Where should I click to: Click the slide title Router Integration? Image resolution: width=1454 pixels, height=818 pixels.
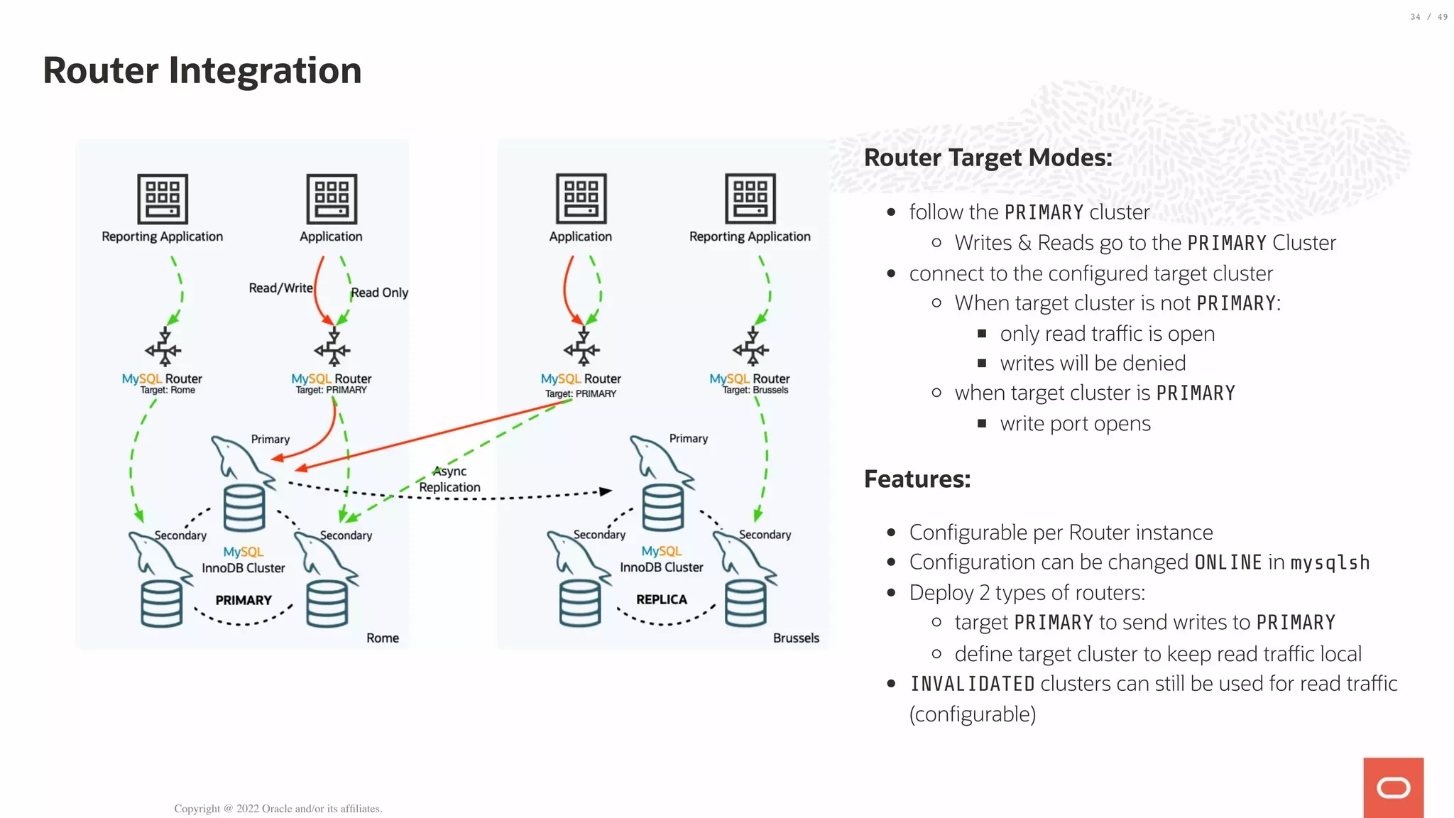[202, 71]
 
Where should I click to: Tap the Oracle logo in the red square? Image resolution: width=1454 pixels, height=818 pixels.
[1393, 787]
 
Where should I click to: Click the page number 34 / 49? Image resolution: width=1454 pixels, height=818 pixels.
[1428, 17]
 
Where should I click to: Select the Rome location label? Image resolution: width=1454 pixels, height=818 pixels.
[383, 638]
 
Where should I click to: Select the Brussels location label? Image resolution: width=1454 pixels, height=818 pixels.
[796, 638]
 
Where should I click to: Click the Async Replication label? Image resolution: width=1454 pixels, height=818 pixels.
[449, 479]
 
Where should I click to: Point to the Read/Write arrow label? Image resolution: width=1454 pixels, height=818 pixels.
[280, 288]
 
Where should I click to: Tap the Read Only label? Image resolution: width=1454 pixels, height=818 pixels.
[379, 293]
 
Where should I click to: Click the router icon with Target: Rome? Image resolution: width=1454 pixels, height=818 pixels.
[163, 347]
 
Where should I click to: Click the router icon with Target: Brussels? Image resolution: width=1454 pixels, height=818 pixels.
[751, 347]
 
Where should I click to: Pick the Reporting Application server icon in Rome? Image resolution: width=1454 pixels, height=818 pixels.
[163, 199]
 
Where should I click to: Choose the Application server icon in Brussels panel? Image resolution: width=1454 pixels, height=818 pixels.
[581, 199]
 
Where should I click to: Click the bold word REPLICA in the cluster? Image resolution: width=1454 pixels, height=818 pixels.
[662, 599]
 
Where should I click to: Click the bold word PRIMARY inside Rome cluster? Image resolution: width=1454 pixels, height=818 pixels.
[244, 600]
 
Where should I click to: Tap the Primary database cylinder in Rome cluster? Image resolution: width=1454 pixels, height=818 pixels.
[244, 508]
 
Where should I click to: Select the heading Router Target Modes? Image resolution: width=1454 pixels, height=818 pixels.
[988, 158]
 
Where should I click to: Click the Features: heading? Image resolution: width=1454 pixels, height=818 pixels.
[917, 479]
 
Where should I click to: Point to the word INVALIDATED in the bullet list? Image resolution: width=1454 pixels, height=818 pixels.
[972, 684]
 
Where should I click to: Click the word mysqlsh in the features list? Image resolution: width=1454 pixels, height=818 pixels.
[1330, 562]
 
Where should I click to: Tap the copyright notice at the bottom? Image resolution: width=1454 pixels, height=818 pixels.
[278, 809]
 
